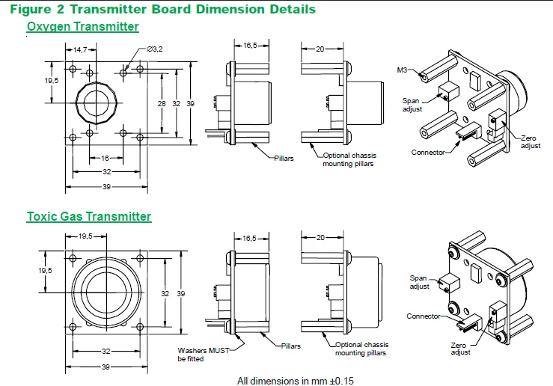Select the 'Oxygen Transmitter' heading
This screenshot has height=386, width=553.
[82, 27]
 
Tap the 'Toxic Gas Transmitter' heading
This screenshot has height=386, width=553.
[88, 217]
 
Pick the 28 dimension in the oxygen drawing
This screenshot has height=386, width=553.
[161, 103]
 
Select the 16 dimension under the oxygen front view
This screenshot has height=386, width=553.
[106, 159]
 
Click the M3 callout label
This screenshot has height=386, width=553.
[403, 70]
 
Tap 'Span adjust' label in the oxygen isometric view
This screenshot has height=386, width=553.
[412, 105]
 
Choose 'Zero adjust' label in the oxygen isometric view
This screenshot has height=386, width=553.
[531, 142]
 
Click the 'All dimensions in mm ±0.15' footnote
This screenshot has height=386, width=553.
[295, 381]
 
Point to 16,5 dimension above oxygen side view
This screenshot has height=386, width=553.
[251, 46]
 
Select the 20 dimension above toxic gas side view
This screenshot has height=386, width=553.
[320, 237]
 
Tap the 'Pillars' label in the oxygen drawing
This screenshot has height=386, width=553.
[284, 159]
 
